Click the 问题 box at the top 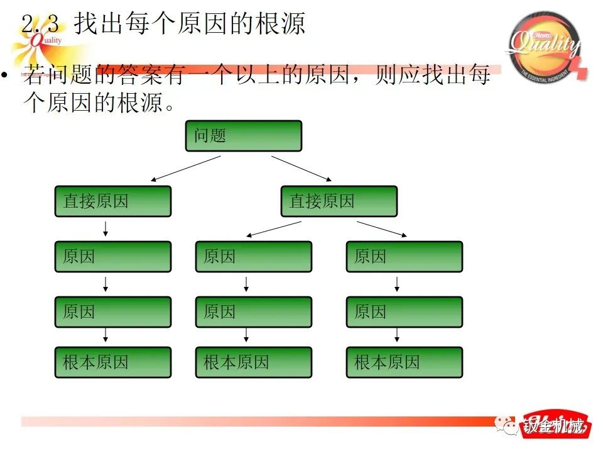pyautogui.click(x=243, y=136)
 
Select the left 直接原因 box pyautogui.click(x=113, y=201)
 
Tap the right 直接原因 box pyautogui.click(x=339, y=201)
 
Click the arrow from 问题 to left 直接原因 pyautogui.click(x=186, y=169)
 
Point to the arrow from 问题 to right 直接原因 pyautogui.click(x=301, y=168)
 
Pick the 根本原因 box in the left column pyautogui.click(x=113, y=362)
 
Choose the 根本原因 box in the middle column pyautogui.click(x=254, y=362)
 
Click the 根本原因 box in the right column pyautogui.click(x=405, y=362)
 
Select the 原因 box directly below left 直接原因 pyautogui.click(x=113, y=257)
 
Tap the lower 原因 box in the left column pyautogui.click(x=113, y=312)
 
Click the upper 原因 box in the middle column pyautogui.click(x=254, y=257)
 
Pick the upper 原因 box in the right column pyautogui.click(x=405, y=257)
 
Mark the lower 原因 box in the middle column pyautogui.click(x=254, y=312)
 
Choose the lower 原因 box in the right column pyautogui.click(x=405, y=312)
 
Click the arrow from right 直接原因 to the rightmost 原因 pyautogui.click(x=382, y=229)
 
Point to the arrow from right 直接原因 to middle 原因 pyautogui.click(x=274, y=229)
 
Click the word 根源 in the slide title pyautogui.click(x=281, y=24)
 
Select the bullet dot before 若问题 pyautogui.click(x=5, y=76)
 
